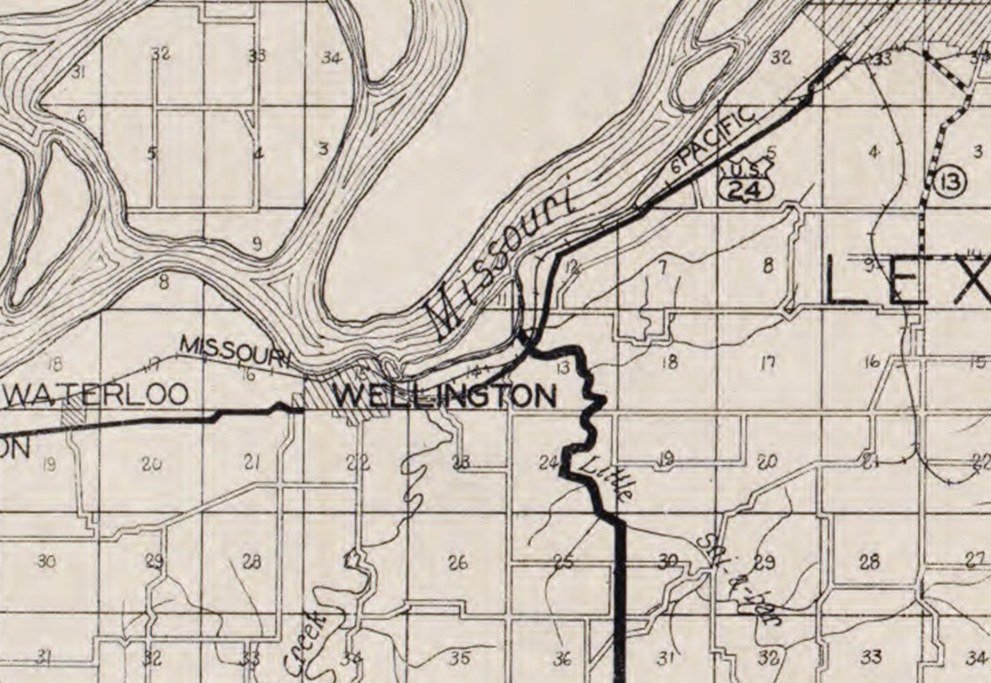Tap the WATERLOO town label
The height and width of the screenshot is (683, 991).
point(96,394)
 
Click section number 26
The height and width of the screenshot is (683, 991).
point(457,562)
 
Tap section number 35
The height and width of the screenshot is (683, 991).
point(461,658)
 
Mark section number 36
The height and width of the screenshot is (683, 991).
point(562,659)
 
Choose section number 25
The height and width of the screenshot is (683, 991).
point(563,561)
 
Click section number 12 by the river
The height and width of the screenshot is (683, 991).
point(570,267)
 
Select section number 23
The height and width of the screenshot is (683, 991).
point(461,462)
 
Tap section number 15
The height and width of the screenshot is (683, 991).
point(978,363)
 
